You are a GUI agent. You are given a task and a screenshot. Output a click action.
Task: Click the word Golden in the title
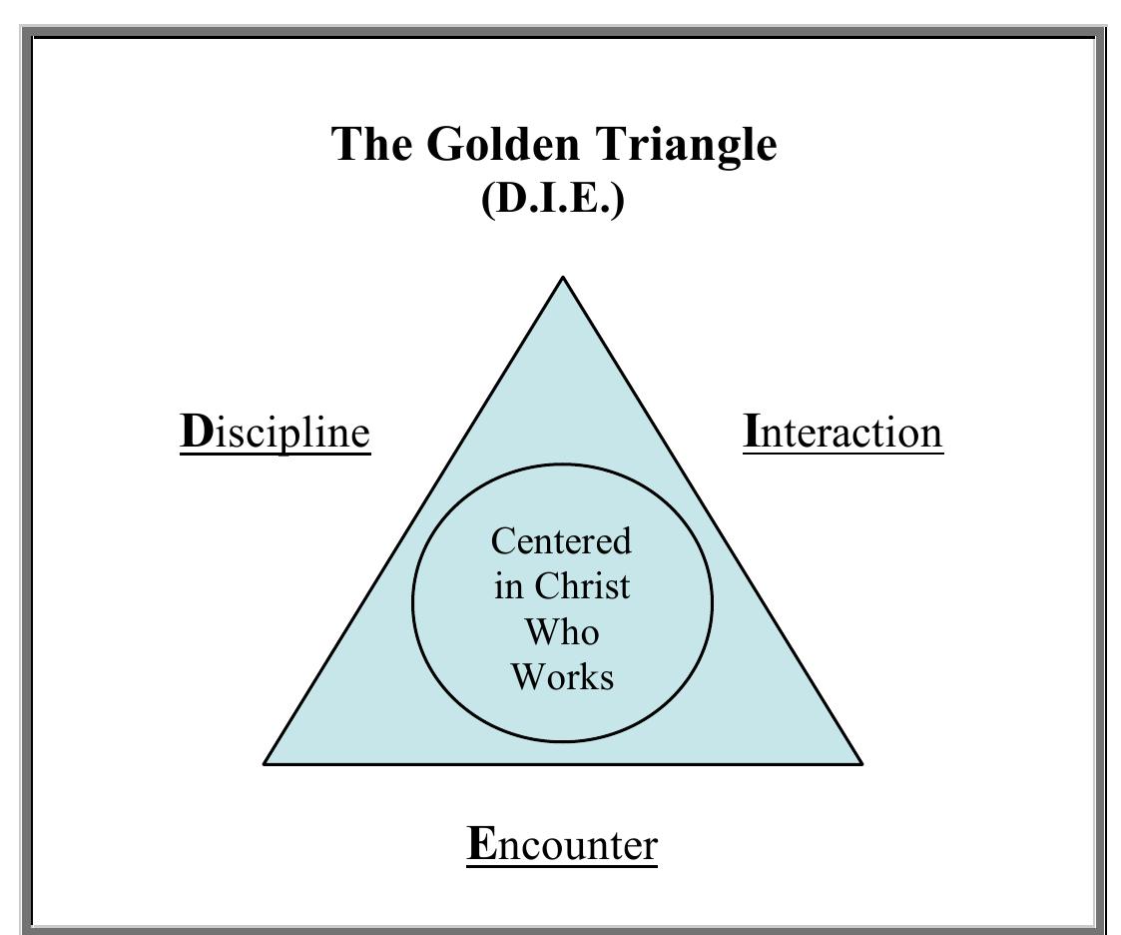504,144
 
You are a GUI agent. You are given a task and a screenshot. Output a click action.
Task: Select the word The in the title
372,144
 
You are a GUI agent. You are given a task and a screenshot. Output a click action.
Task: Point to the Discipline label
276,434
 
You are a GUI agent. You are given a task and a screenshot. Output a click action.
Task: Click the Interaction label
842,434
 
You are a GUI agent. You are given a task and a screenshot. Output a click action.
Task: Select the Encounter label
562,845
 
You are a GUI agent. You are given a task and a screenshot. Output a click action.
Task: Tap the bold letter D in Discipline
196,432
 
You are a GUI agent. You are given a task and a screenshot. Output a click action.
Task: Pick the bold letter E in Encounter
480,844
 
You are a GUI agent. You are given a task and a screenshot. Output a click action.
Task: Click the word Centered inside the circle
562,541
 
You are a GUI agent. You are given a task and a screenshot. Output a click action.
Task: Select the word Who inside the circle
562,631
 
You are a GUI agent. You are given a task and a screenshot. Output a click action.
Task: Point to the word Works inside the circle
562,676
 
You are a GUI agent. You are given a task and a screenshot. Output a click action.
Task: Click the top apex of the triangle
563,278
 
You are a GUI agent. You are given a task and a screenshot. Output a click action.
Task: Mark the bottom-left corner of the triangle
266,763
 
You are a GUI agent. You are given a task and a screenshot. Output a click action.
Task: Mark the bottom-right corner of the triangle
860,763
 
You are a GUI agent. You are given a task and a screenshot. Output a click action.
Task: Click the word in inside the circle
507,586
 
